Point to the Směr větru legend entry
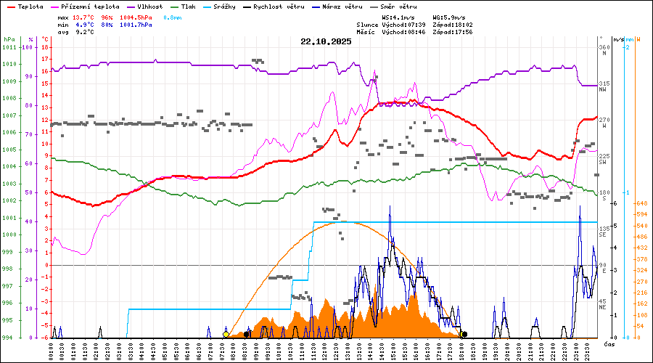pos(399,7)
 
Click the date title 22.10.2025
pos(326,41)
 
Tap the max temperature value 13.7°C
pos(85,17)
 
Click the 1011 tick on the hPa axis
pos(10,47)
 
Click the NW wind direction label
pos(602,89)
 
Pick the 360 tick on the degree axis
pos(603,47)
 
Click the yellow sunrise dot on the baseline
pos(226,334)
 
